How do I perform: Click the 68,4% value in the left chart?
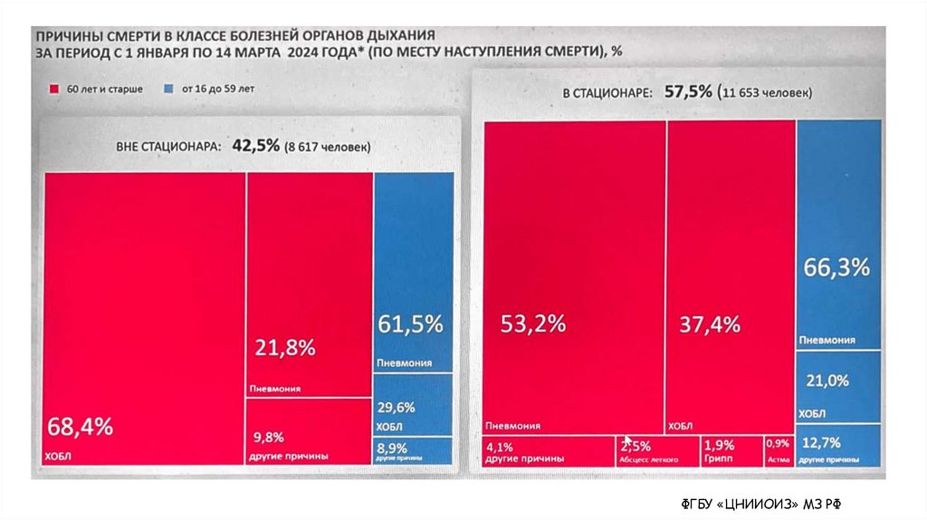(80, 426)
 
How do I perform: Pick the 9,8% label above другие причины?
(265, 437)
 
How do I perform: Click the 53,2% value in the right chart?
(534, 323)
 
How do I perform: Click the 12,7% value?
(822, 443)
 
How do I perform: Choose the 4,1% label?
(500, 446)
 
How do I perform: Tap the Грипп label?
(718, 458)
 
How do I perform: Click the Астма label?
(779, 459)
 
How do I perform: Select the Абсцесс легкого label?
(648, 459)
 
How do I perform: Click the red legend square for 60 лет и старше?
(54, 90)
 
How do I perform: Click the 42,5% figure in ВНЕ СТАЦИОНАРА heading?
(256, 145)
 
